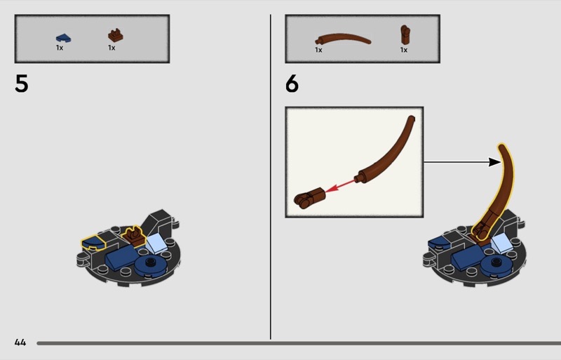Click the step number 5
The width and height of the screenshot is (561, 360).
click(22, 84)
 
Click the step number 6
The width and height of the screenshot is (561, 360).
click(292, 84)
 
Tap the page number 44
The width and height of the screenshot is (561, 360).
click(20, 342)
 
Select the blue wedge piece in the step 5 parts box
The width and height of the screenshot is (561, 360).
click(63, 38)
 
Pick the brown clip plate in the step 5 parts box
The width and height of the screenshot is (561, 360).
click(116, 36)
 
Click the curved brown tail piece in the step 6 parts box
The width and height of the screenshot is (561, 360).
click(343, 39)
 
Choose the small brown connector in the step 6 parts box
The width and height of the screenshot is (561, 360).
click(405, 35)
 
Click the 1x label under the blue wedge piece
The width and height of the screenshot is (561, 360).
click(60, 48)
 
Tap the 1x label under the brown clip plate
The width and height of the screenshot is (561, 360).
click(111, 48)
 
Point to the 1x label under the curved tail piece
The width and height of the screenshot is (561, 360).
click(318, 50)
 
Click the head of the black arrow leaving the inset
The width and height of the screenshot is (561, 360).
click(495, 162)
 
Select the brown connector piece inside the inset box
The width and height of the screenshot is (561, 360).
click(309, 198)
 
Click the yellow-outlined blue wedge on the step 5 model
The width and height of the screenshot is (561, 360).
click(93, 242)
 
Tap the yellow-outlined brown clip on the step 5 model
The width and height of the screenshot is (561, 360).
click(133, 236)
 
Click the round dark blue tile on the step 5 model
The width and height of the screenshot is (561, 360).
click(150, 265)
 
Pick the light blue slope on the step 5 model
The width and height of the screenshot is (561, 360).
click(156, 243)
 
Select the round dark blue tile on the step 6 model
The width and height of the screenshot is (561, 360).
click(496, 265)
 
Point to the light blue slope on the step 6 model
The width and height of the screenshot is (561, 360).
click(501, 243)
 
